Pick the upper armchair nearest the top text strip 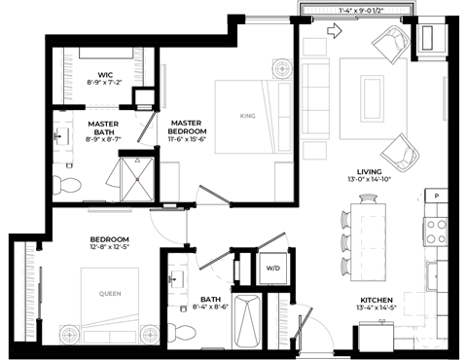(391, 44)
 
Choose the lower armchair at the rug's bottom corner (400, 153)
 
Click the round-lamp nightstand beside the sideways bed (282, 69)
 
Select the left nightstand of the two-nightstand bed (69, 335)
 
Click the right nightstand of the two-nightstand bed (149, 335)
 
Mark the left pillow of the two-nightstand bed (95, 337)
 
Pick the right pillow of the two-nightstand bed (124, 337)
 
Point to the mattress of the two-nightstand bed (109, 294)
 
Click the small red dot (137, 179)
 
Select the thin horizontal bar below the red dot (110, 209)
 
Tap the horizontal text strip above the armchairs (356, 10)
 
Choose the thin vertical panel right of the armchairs (445, 98)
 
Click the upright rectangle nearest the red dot (169, 182)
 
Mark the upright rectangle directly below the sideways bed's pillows (284, 182)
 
